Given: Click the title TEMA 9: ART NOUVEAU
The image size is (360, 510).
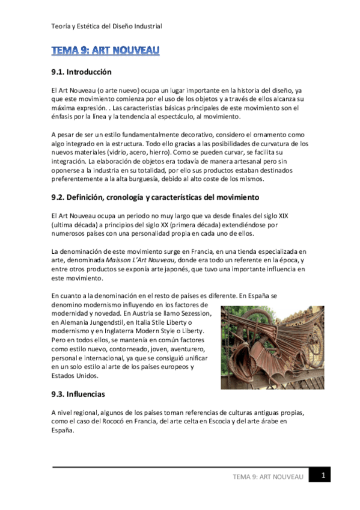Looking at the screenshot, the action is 105,51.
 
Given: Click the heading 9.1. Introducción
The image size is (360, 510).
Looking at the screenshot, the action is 82,72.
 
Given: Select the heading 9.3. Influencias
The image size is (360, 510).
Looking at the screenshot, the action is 78,395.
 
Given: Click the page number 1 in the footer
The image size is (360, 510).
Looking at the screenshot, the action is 323,476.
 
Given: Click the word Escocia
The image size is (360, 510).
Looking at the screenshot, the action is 229,422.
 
